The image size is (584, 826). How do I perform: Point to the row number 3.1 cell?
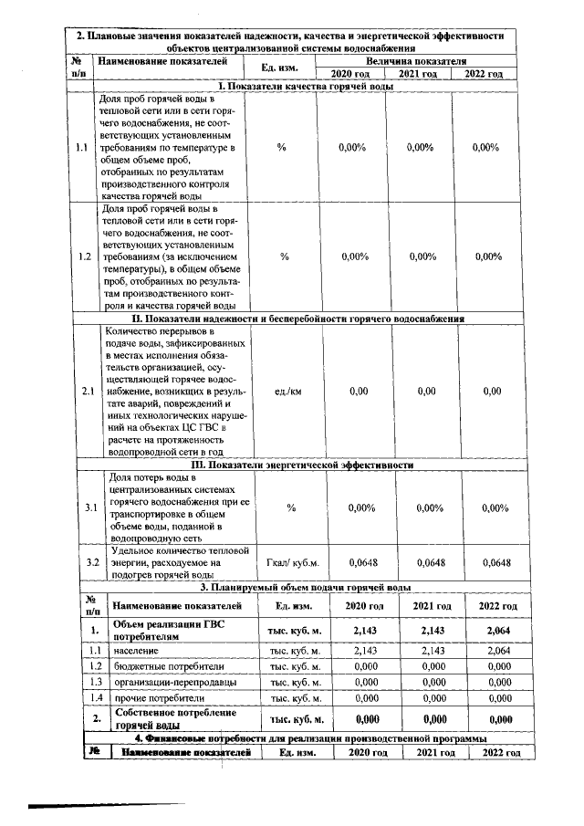point(84,507)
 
